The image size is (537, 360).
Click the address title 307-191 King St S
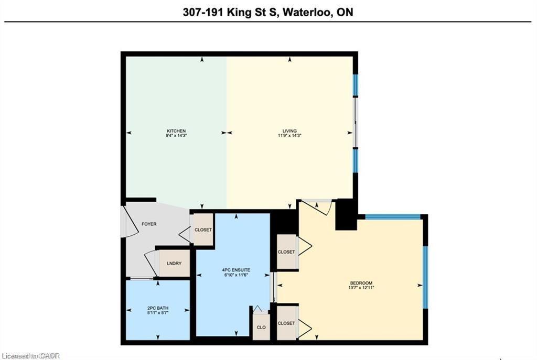[x=268, y=12]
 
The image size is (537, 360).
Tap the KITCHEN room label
[x=176, y=131]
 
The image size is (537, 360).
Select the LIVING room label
[x=289, y=131]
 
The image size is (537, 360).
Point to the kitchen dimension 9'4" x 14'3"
[x=176, y=136]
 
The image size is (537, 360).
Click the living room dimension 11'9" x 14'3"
[x=289, y=136]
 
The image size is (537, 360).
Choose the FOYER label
[x=149, y=224]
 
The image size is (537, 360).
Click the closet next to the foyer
[x=202, y=230]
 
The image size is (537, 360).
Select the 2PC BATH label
[x=158, y=308]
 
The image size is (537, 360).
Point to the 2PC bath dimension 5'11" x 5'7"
[x=158, y=313]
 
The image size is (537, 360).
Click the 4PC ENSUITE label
[x=233, y=270]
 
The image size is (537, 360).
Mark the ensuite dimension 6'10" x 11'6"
[x=233, y=275]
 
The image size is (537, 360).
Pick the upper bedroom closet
[x=286, y=252]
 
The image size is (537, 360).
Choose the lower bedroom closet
[x=286, y=323]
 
